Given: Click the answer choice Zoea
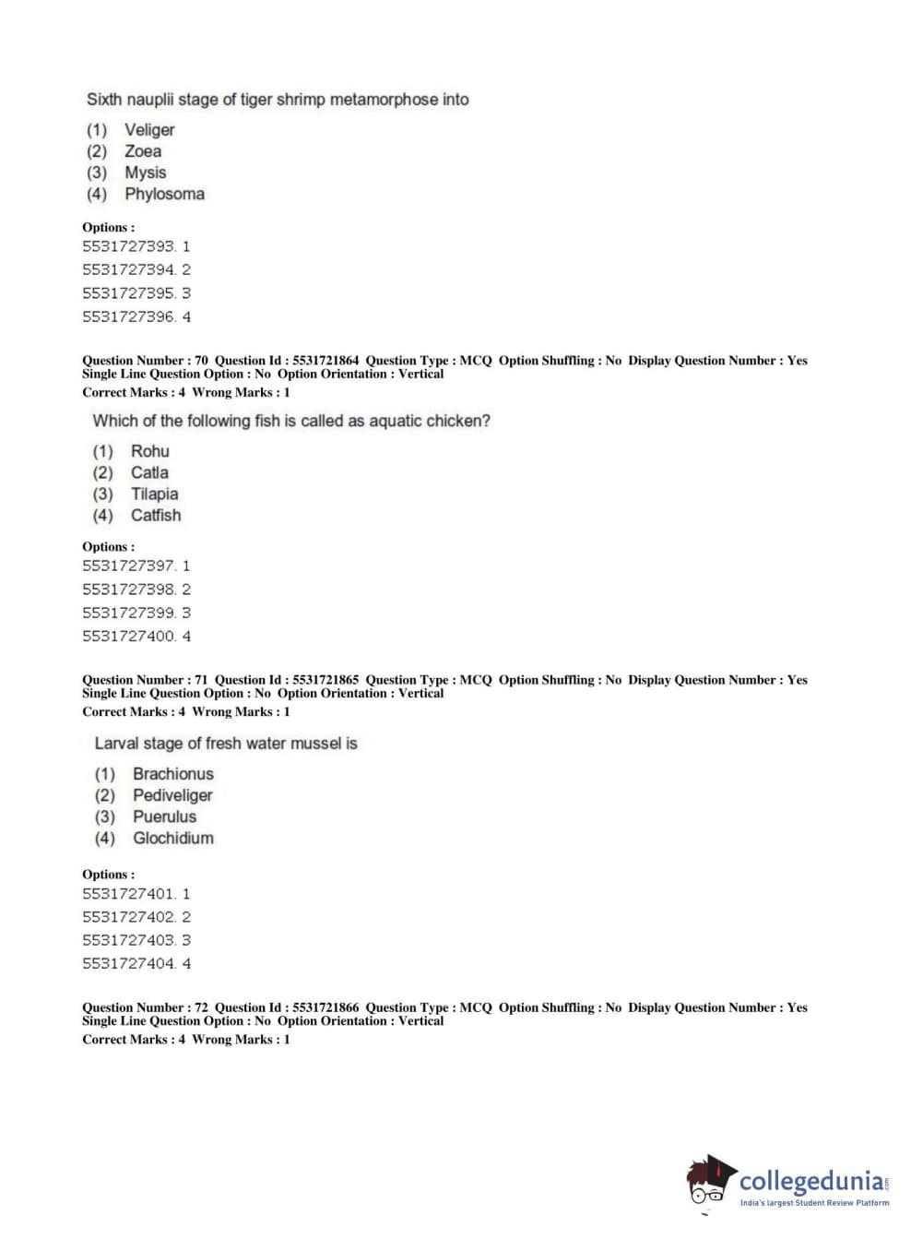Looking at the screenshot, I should click(x=143, y=151).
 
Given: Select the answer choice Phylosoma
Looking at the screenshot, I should click(x=164, y=194).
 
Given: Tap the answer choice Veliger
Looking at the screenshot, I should click(x=149, y=130).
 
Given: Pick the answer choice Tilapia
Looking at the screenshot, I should click(x=154, y=494).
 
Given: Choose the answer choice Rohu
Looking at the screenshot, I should click(x=149, y=451).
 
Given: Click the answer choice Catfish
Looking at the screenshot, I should click(x=156, y=515).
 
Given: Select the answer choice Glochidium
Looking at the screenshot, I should click(x=172, y=838).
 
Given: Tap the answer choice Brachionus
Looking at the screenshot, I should click(x=172, y=774).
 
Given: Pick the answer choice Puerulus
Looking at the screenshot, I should click(x=164, y=816).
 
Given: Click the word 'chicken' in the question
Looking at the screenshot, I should click(x=458, y=421).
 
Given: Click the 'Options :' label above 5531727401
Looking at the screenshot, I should click(x=108, y=874).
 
